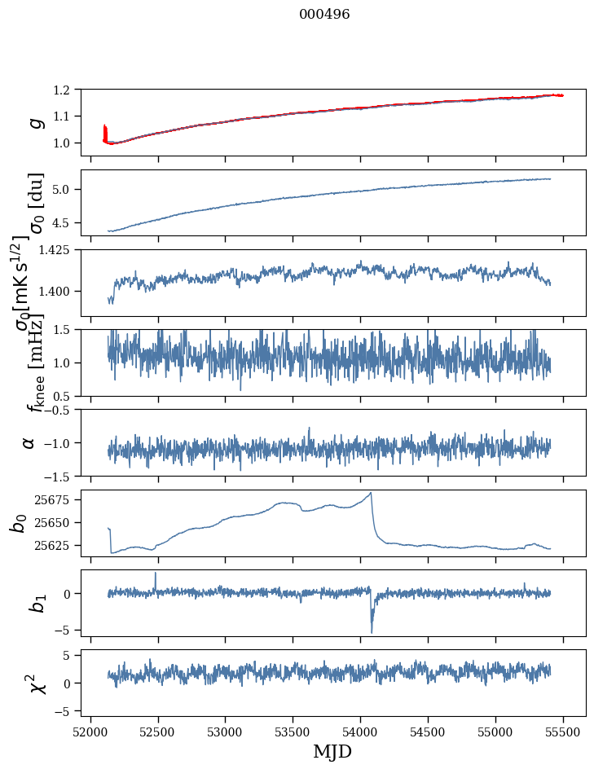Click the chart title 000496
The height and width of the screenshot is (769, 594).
pos(324,15)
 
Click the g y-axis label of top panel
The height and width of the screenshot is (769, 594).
pos(34,122)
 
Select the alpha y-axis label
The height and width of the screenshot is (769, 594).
pos(29,442)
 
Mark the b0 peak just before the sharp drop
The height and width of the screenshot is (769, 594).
pos(371,493)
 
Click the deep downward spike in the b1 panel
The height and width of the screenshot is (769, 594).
pos(372,631)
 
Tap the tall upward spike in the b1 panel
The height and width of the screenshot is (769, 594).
pos(156,573)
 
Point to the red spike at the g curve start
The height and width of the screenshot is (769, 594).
pos(105,130)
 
